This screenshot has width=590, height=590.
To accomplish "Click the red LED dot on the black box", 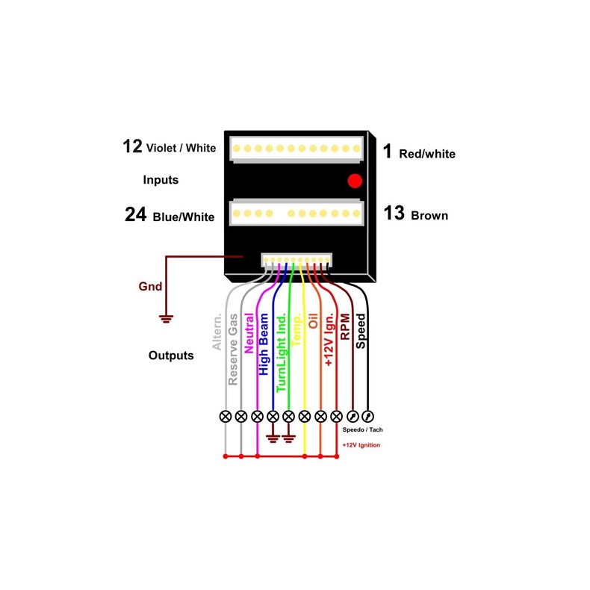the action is point(355,181).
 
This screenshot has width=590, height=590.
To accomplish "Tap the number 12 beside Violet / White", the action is point(132,146).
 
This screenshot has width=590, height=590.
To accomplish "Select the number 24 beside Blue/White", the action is point(135,214).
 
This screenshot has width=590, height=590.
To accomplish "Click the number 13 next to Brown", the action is point(394,213).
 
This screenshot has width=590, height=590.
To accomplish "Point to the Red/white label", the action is point(427,154).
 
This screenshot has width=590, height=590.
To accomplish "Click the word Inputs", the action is point(161,180).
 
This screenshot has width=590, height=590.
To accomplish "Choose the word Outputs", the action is point(171,355).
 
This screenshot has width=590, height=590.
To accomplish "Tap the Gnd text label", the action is point(150,286).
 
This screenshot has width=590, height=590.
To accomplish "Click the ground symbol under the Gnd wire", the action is point(166,319).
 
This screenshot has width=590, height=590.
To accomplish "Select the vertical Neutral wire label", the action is point(249,333).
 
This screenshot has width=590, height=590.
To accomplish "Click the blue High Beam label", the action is point(264,344).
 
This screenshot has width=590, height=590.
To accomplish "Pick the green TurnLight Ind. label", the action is point(281,353).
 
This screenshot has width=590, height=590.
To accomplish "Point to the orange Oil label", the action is point(313,321).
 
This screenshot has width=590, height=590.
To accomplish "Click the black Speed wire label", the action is point(361,331).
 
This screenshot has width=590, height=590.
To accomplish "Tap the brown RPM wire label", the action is point(345,326).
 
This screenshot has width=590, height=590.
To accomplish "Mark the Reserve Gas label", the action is point(233,350).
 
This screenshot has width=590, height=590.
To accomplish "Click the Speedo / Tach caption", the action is point(362,429).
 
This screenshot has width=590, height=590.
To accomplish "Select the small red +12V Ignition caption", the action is point(361,445).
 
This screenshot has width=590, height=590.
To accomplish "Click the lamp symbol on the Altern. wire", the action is point(226,417).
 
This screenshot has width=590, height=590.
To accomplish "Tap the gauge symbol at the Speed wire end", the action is point(367,417).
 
